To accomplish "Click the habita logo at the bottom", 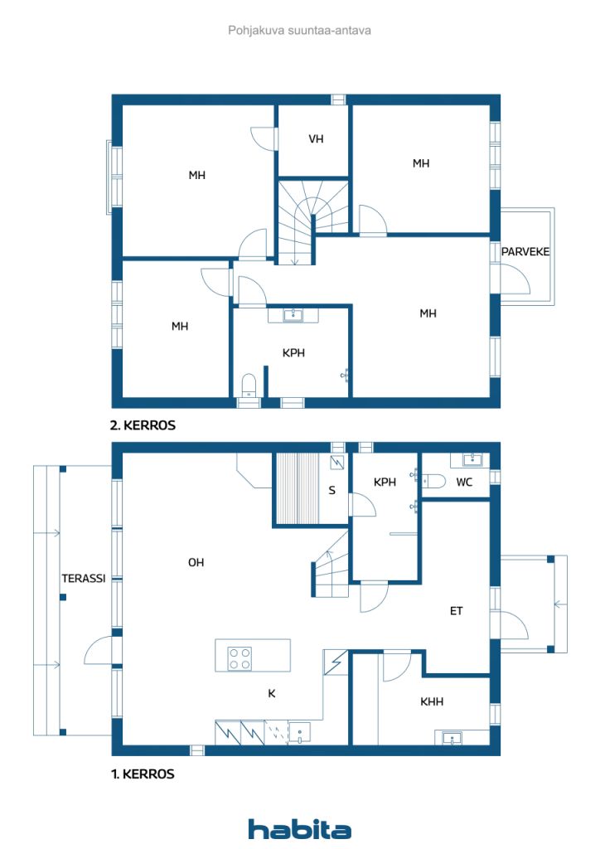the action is coord(299,829).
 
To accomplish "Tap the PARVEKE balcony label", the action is coord(525,252).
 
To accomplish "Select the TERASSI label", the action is coord(84,578).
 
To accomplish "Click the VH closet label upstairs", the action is coord(316,138).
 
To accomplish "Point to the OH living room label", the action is coord(196,563).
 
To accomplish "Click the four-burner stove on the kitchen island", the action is coord(240,659).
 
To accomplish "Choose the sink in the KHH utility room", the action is coord(452,737).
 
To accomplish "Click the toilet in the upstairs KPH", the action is coord(249,385).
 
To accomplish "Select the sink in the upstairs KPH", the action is coord(293,314).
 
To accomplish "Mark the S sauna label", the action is coord(331,490).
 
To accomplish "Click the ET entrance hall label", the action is coord(456,611).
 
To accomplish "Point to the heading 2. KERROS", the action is coord(143,425).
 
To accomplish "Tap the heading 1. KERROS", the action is coord(143,774).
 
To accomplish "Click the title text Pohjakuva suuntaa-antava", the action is coord(299,31).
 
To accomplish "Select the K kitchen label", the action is coord(272,693).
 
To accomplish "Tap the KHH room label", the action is coord(432,701).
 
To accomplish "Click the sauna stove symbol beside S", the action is coord(338,462).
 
